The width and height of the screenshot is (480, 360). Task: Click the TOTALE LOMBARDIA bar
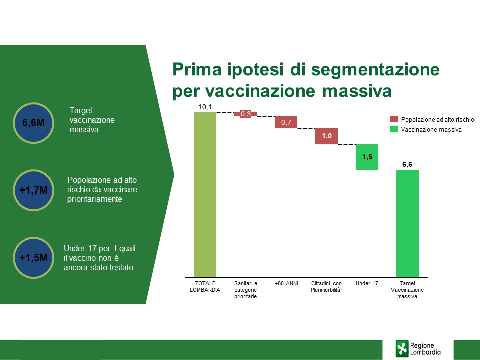click(205, 194)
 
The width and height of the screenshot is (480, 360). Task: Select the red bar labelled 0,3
click(246, 114)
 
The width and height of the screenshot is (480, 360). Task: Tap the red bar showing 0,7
click(286, 122)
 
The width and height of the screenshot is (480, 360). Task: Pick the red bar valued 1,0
click(326, 136)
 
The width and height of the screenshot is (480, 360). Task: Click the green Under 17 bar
click(367, 157)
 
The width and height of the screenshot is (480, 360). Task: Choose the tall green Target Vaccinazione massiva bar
click(407, 224)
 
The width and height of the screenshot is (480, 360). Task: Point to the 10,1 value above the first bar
click(205, 107)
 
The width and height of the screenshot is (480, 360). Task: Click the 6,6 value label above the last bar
click(407, 164)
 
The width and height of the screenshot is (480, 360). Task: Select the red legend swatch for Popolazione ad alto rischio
click(394, 119)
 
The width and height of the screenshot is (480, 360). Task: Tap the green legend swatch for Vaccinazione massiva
click(394, 129)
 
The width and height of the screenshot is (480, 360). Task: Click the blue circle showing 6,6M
click(33, 123)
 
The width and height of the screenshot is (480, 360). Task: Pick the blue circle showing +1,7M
click(33, 190)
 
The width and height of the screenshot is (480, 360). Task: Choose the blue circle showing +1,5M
click(33, 258)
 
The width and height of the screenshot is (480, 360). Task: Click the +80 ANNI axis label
click(286, 284)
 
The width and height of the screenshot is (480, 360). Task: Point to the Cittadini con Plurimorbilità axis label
click(326, 287)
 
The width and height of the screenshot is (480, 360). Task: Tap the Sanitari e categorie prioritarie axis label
click(246, 290)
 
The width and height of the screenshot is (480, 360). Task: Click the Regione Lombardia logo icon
click(402, 348)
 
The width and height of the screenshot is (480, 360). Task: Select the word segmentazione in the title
click(375, 70)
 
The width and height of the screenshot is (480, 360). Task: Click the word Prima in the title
click(197, 69)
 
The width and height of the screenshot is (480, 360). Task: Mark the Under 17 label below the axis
click(367, 284)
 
